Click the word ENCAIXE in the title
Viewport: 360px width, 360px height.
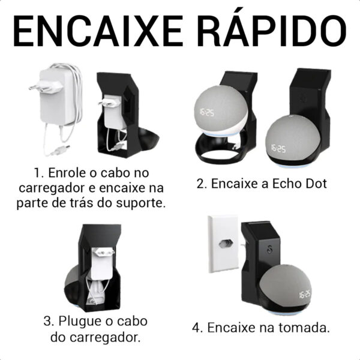click(x=98, y=31)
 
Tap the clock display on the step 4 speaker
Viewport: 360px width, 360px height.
click(x=305, y=294)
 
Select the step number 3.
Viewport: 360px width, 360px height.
click(x=47, y=321)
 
